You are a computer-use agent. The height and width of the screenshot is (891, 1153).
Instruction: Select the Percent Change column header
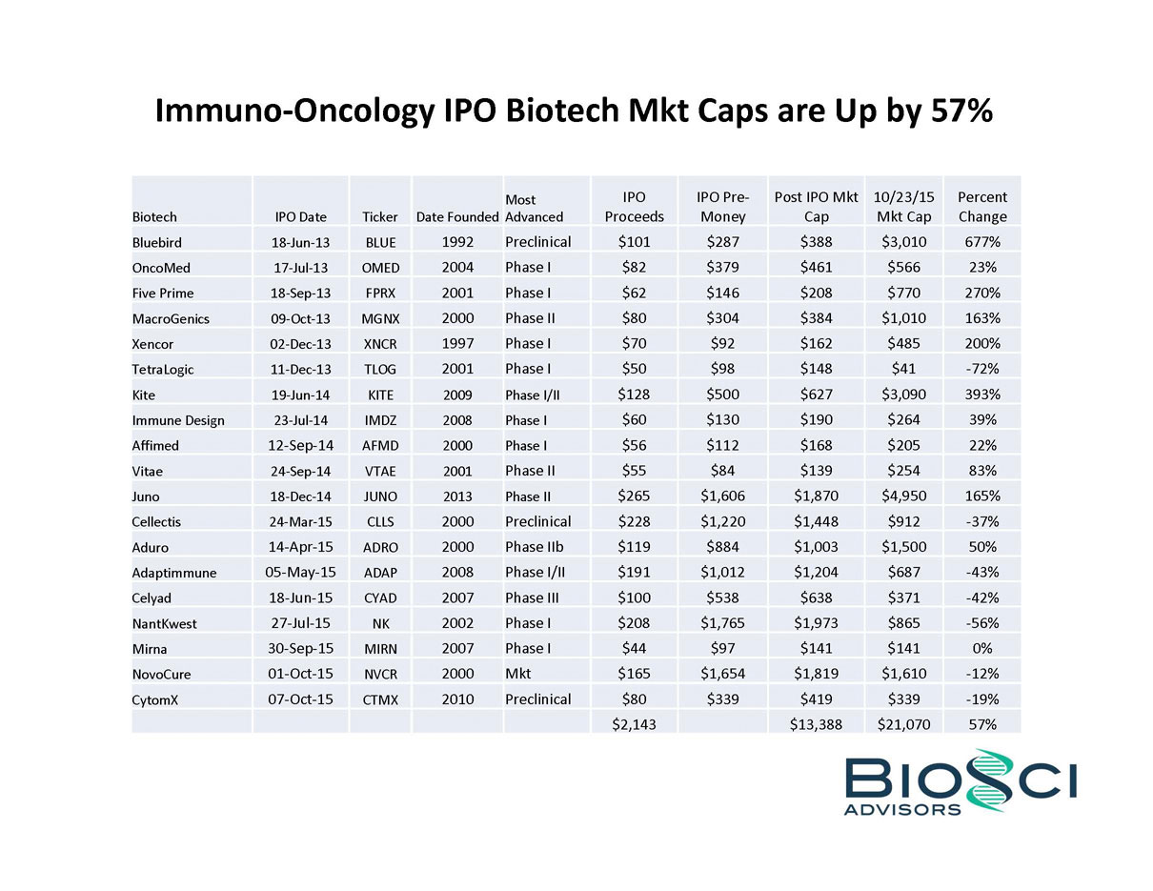click(x=981, y=207)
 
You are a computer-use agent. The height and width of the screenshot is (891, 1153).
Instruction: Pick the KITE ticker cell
click(x=380, y=395)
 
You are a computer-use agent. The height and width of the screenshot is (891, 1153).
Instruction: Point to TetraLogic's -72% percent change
click(x=981, y=369)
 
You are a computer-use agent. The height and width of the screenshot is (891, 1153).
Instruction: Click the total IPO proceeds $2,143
click(x=634, y=724)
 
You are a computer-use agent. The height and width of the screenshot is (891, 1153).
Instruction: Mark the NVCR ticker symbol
click(x=380, y=674)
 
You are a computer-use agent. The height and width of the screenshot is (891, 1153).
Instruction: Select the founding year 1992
click(x=457, y=242)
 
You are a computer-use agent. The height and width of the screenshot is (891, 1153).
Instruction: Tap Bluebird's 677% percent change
click(x=981, y=242)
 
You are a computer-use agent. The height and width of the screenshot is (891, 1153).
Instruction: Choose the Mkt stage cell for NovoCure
click(x=517, y=674)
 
